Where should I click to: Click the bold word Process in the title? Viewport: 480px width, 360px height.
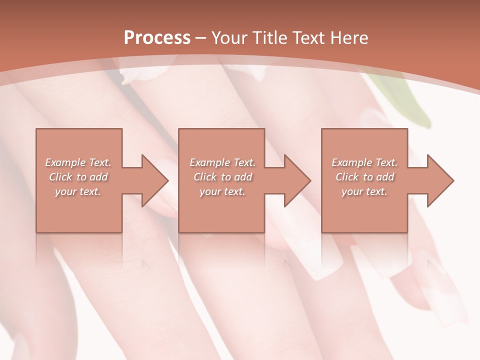(157, 38)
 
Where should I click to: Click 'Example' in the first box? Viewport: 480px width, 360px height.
(65, 162)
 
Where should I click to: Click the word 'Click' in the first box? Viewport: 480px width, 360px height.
(60, 177)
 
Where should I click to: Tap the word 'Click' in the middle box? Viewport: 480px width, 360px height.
(205, 177)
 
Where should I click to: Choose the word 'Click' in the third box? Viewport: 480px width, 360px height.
(347, 177)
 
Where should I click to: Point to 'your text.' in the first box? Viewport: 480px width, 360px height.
(78, 191)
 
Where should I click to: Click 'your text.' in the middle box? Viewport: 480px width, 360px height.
(222, 191)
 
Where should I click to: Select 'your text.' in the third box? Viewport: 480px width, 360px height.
(364, 191)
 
